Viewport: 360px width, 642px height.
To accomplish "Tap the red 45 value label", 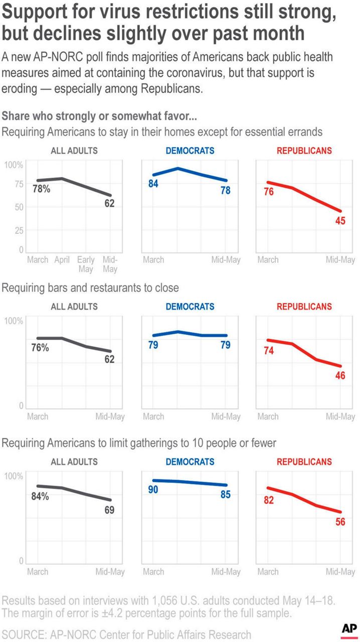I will tap(340, 221).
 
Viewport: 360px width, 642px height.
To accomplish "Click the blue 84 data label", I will tap(153, 184).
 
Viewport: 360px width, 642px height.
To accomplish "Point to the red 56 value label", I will tap(340, 522).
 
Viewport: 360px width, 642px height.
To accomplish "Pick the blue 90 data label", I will tap(153, 490).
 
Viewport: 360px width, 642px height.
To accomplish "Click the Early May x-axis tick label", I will tap(86, 264).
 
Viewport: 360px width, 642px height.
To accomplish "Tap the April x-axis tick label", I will tap(61, 260).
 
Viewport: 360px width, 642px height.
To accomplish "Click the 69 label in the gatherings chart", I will tap(109, 511).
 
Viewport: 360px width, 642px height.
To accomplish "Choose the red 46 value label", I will tap(340, 376).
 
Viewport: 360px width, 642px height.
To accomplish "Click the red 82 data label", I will tap(269, 500).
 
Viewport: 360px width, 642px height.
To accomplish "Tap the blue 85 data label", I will tap(226, 495).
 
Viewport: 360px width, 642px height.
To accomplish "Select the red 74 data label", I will tap(269, 351).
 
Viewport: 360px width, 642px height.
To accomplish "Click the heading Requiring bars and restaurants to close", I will tap(90, 288).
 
